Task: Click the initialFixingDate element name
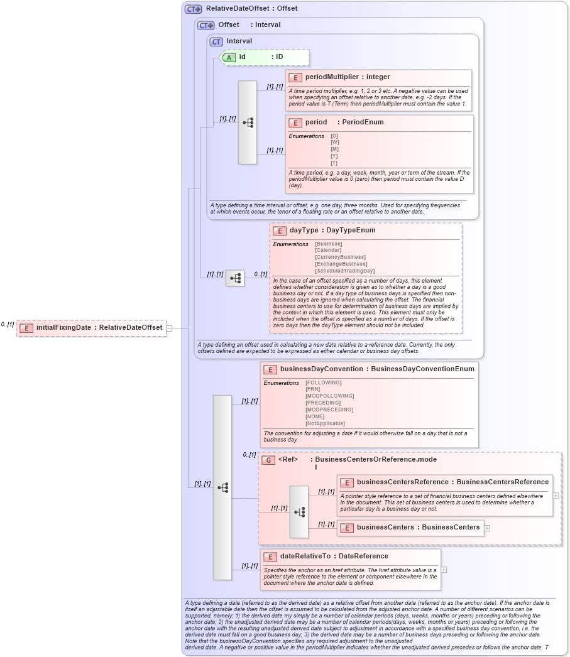click(x=63, y=327)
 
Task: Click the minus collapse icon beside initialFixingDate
click(x=169, y=328)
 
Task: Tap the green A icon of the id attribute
click(x=229, y=57)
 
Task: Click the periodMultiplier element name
click(x=332, y=77)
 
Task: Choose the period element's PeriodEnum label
click(x=363, y=122)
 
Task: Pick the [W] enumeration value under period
click(x=334, y=143)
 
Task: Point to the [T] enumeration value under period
click(x=334, y=163)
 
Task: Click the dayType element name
click(x=304, y=231)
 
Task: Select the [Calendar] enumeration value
click(x=328, y=251)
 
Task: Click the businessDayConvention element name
click(x=321, y=369)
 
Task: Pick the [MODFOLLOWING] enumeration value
click(x=329, y=396)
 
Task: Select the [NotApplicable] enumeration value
click(x=326, y=423)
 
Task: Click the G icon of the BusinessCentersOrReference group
click(x=268, y=460)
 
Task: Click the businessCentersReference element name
click(x=402, y=482)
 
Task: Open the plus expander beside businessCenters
click(x=487, y=528)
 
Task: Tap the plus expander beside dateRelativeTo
click(x=444, y=570)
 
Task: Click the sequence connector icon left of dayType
click(x=235, y=278)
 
